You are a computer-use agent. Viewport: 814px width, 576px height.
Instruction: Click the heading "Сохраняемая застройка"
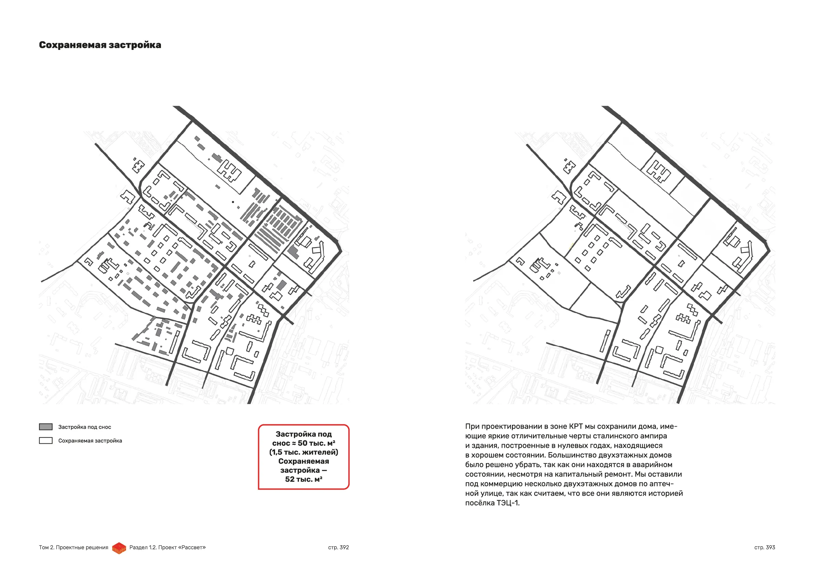[x=100, y=45]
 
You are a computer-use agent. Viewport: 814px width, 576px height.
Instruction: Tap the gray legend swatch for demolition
[x=46, y=427]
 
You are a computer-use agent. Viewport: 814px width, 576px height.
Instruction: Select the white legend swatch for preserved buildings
[x=46, y=441]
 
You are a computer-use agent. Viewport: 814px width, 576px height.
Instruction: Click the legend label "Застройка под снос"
[x=84, y=427]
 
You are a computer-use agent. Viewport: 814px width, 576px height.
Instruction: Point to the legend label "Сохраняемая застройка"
[x=90, y=441]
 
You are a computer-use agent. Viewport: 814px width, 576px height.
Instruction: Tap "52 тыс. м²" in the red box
[x=303, y=479]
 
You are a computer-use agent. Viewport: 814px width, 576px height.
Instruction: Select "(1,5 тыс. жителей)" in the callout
[x=303, y=452]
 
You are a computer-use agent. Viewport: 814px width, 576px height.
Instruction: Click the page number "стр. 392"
[x=338, y=547]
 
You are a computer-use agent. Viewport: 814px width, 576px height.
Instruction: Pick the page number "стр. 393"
[x=764, y=547]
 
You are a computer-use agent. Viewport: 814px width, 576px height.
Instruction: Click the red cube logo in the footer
[x=119, y=548]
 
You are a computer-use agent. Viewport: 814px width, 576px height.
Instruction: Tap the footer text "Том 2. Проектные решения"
[x=73, y=547]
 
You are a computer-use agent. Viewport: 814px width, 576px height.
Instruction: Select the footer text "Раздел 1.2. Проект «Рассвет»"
[x=167, y=547]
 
